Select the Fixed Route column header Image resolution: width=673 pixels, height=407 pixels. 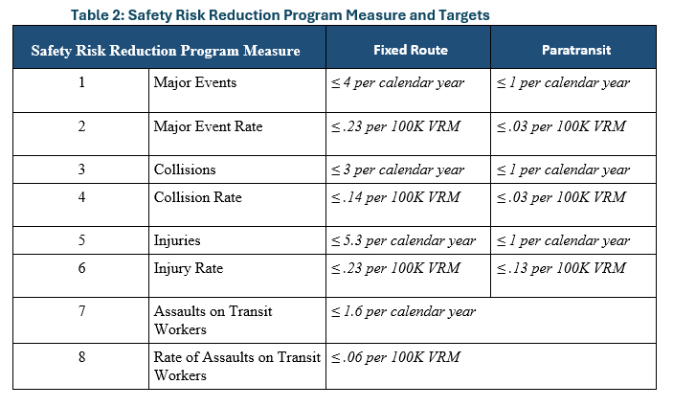point(410,50)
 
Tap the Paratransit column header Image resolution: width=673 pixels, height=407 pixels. point(574,50)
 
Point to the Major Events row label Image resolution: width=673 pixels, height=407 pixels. point(195,82)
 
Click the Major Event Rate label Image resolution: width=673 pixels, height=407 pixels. point(208,126)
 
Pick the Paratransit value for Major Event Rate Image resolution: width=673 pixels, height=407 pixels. point(561,126)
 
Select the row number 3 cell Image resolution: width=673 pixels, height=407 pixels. point(81,170)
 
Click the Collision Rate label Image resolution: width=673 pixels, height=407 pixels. point(197,197)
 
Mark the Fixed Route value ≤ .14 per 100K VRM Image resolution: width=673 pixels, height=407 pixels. point(395,197)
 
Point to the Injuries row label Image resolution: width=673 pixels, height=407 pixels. point(178,240)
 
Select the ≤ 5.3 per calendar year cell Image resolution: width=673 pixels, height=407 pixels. point(403,240)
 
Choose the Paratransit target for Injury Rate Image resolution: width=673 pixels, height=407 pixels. point(561,268)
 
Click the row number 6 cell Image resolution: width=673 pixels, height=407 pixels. point(81,268)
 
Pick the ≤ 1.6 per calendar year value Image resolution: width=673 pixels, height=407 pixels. point(403,311)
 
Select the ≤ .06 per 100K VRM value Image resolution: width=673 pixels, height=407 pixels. point(395,357)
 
